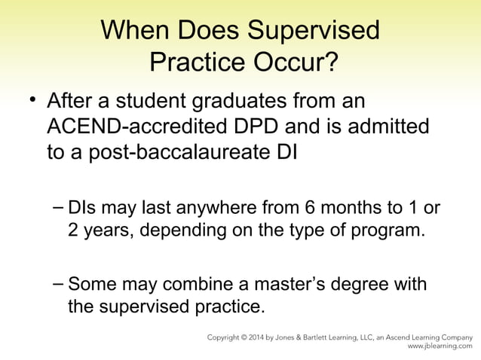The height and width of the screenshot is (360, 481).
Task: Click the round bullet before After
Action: click(32, 99)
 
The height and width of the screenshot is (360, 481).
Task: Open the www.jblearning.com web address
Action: click(440, 348)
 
